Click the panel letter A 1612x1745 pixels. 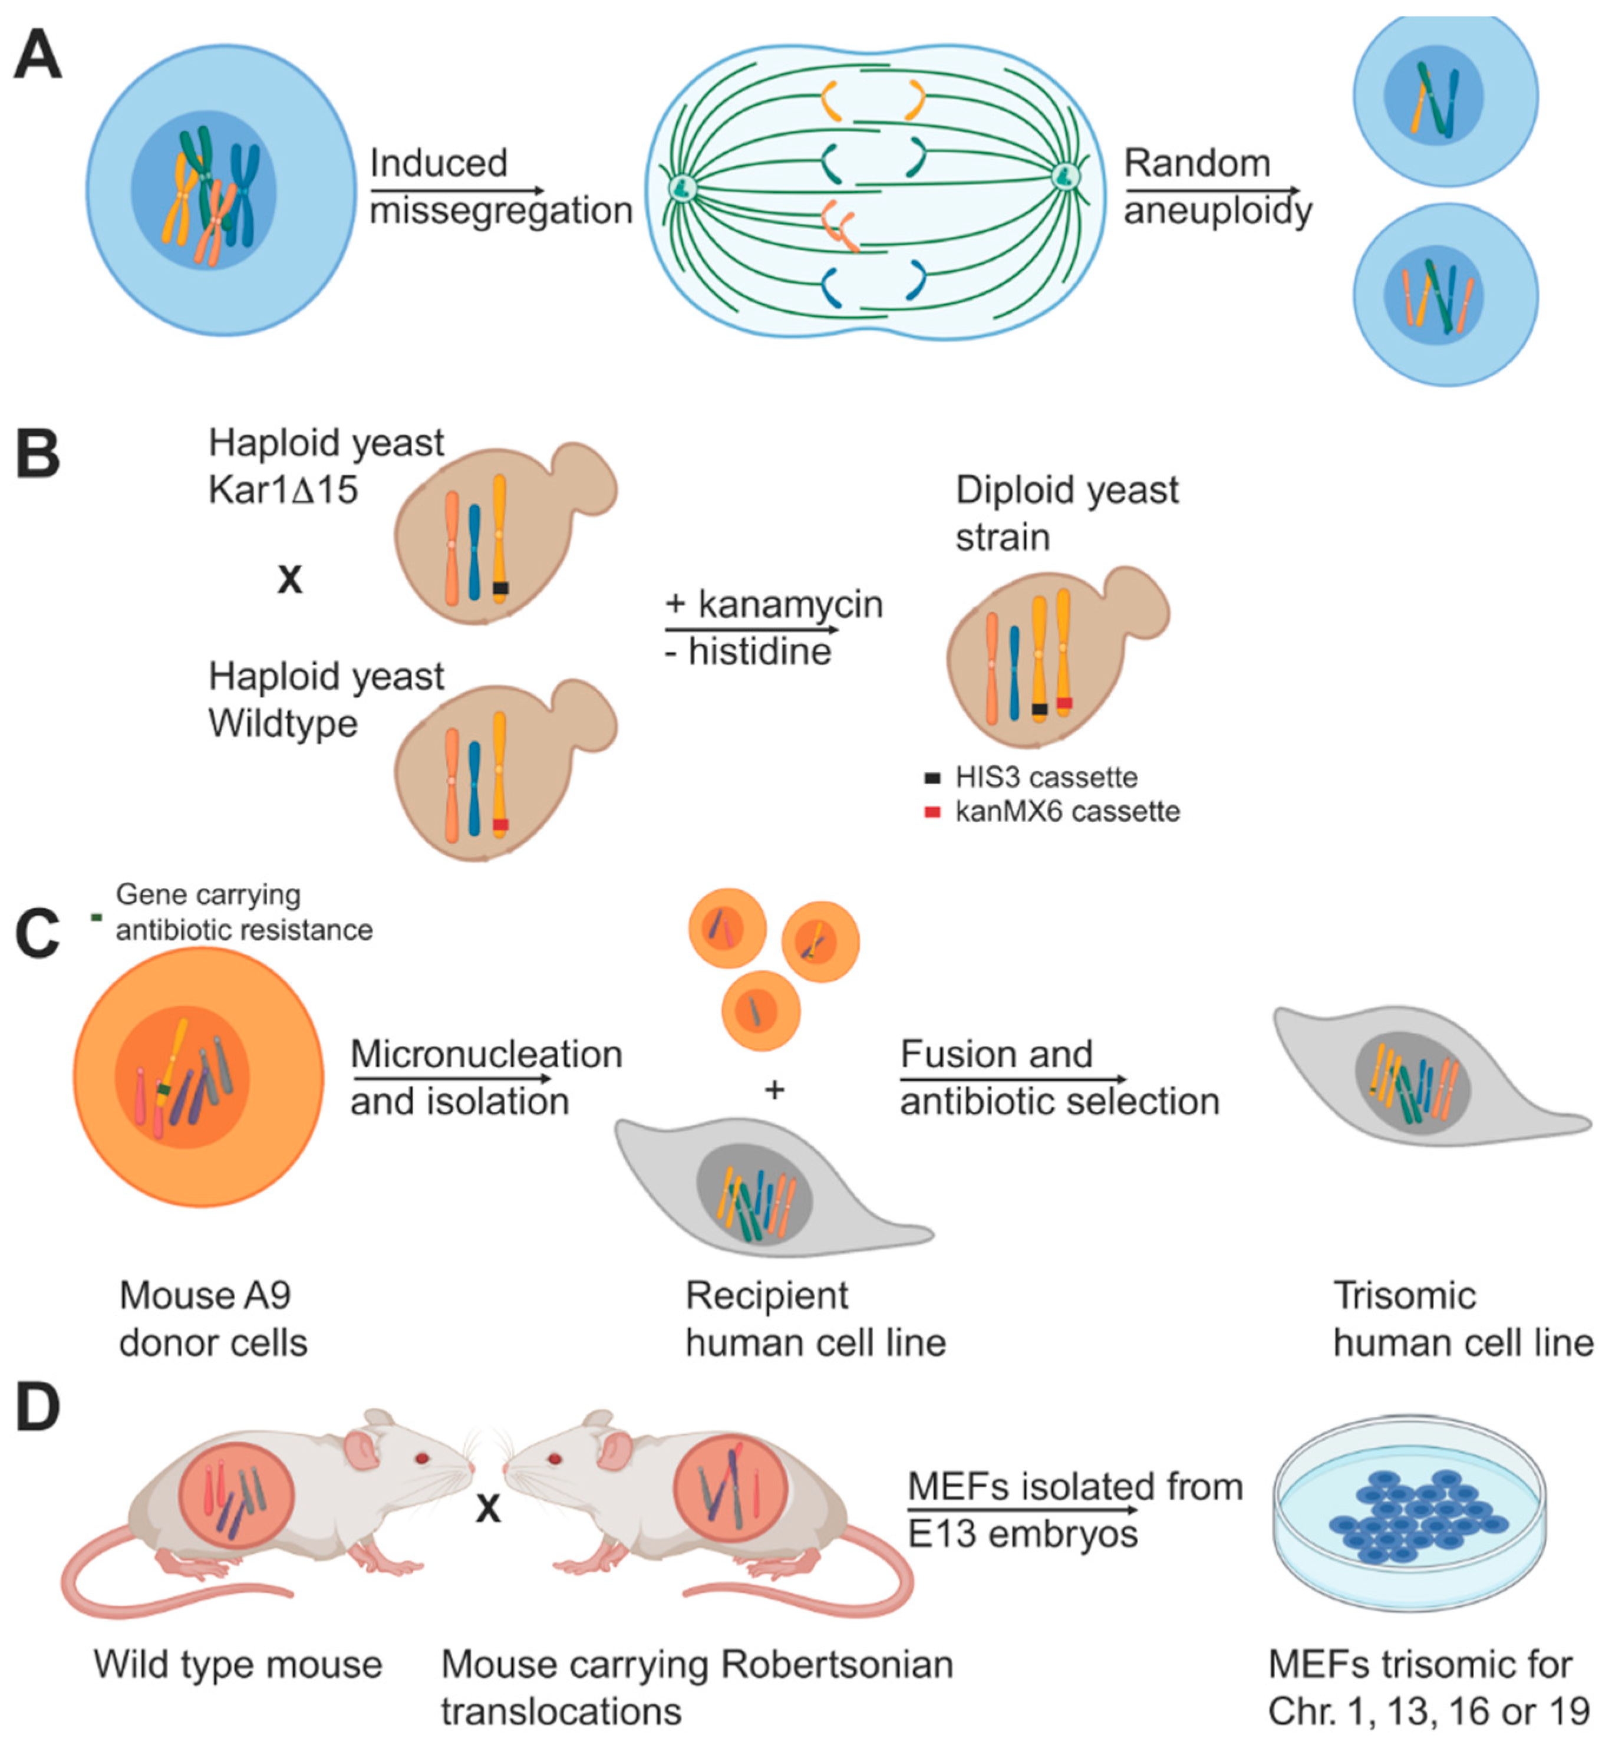pyautogui.click(x=38, y=54)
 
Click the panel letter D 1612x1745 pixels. pyautogui.click(x=38, y=1407)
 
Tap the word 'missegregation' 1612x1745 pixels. pyautogui.click(x=501, y=210)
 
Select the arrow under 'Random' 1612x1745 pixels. pyautogui.click(x=1212, y=190)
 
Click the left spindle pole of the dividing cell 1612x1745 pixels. pyautogui.click(x=681, y=186)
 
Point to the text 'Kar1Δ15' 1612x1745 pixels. pyautogui.click(x=283, y=490)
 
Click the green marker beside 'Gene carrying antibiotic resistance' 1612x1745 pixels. pyautogui.click(x=97, y=916)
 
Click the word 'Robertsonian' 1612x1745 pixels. pyautogui.click(x=836, y=1665)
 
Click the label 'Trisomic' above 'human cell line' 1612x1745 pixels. pyautogui.click(x=1405, y=1296)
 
